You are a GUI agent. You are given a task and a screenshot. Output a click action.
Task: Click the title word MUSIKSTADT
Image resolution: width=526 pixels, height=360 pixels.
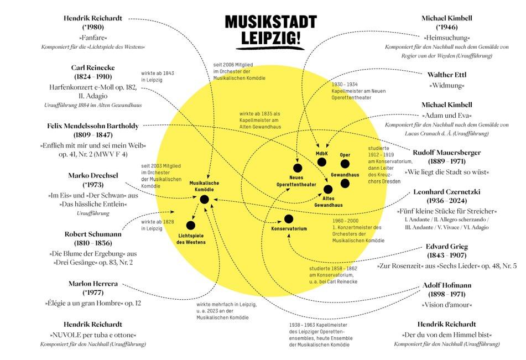point(270,22)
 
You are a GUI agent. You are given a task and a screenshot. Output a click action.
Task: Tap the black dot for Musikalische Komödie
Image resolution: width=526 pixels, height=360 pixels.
point(204,199)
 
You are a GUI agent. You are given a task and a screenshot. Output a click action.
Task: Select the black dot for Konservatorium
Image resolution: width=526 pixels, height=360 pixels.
point(289,220)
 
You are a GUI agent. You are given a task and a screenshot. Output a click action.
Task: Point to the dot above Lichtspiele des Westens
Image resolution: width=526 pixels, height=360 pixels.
point(191,225)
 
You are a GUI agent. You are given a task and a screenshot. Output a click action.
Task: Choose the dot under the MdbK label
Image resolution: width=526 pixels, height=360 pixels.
point(322,162)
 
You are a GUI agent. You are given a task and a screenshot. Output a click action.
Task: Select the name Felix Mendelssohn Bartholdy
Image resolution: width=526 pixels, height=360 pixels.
point(93,126)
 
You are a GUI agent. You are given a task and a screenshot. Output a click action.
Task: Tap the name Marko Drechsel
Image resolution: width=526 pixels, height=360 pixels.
point(93,175)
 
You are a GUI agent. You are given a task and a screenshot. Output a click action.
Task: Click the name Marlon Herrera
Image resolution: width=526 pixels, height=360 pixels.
point(93,284)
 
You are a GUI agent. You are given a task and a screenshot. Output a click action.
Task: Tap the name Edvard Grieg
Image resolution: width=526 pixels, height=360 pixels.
point(446,247)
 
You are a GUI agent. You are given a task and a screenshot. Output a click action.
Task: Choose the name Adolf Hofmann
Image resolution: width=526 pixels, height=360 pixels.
point(446,286)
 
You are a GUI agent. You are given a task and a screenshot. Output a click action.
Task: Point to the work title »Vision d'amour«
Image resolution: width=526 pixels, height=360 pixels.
point(446,305)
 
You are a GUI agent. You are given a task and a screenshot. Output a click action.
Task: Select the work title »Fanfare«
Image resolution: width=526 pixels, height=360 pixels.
point(93,36)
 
